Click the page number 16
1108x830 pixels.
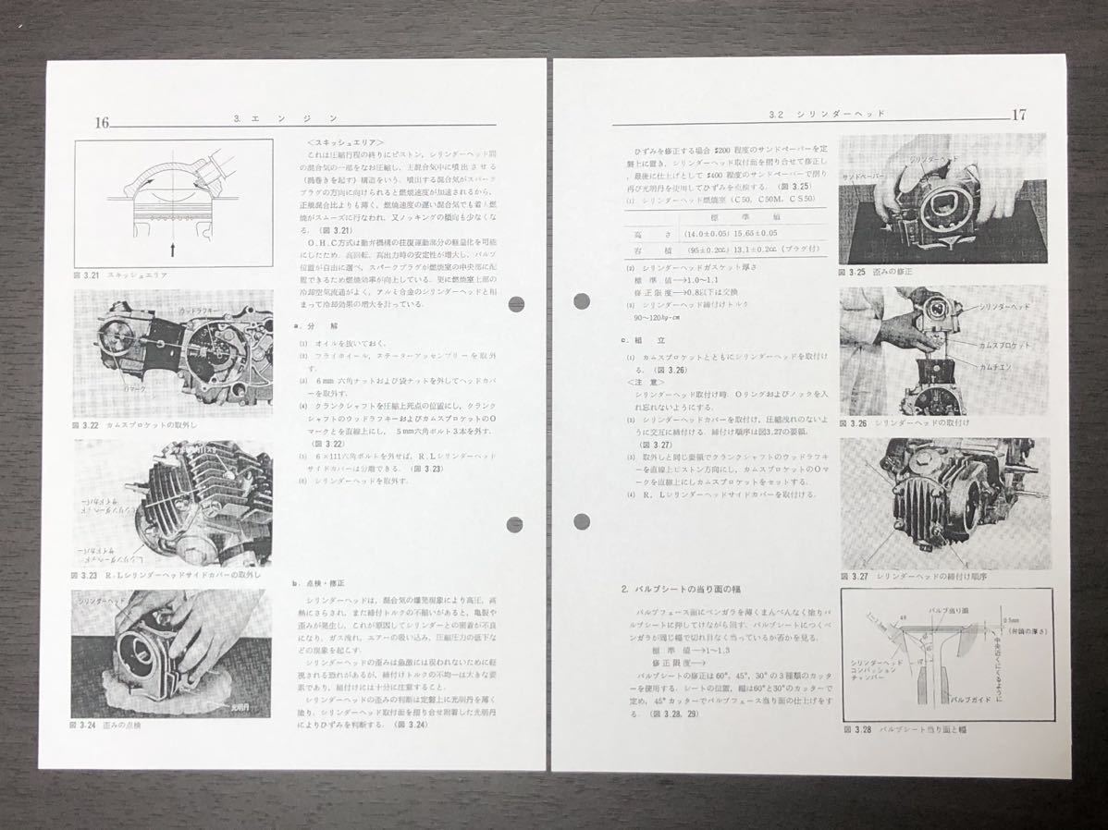(102, 122)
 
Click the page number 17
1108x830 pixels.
(1018, 116)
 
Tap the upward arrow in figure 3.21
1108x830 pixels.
(173, 248)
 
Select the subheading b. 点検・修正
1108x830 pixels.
(317, 584)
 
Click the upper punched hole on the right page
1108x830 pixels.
(582, 300)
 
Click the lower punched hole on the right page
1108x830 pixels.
(582, 521)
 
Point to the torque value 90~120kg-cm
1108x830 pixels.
(657, 317)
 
